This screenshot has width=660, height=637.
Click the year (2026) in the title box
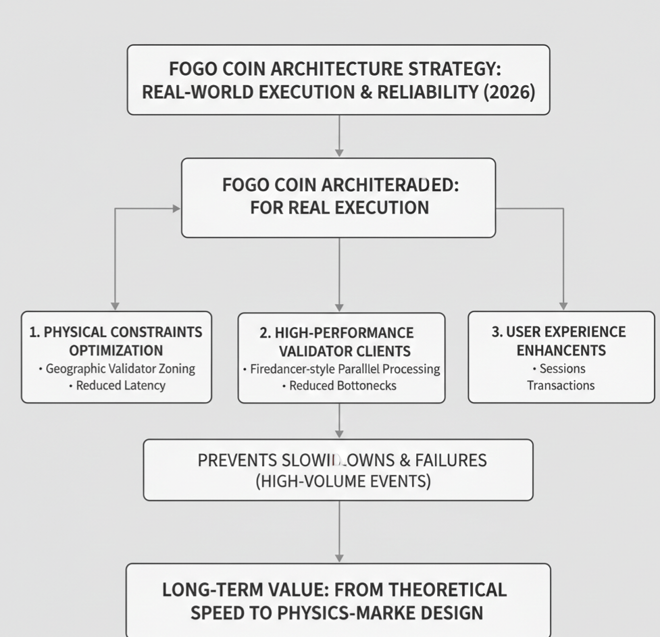tap(509, 91)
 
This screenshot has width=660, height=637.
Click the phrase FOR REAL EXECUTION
tap(339, 207)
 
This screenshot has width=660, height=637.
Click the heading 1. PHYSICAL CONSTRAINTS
tap(116, 332)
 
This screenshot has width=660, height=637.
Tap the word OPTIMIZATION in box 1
tap(116, 350)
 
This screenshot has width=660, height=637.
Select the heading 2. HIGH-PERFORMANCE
tap(336, 332)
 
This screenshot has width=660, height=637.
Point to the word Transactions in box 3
tap(561, 386)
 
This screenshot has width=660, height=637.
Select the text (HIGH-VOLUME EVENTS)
tap(338, 482)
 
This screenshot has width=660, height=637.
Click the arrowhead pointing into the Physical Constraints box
tap(116, 306)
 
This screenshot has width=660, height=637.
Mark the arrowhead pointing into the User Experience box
tap(563, 306)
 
